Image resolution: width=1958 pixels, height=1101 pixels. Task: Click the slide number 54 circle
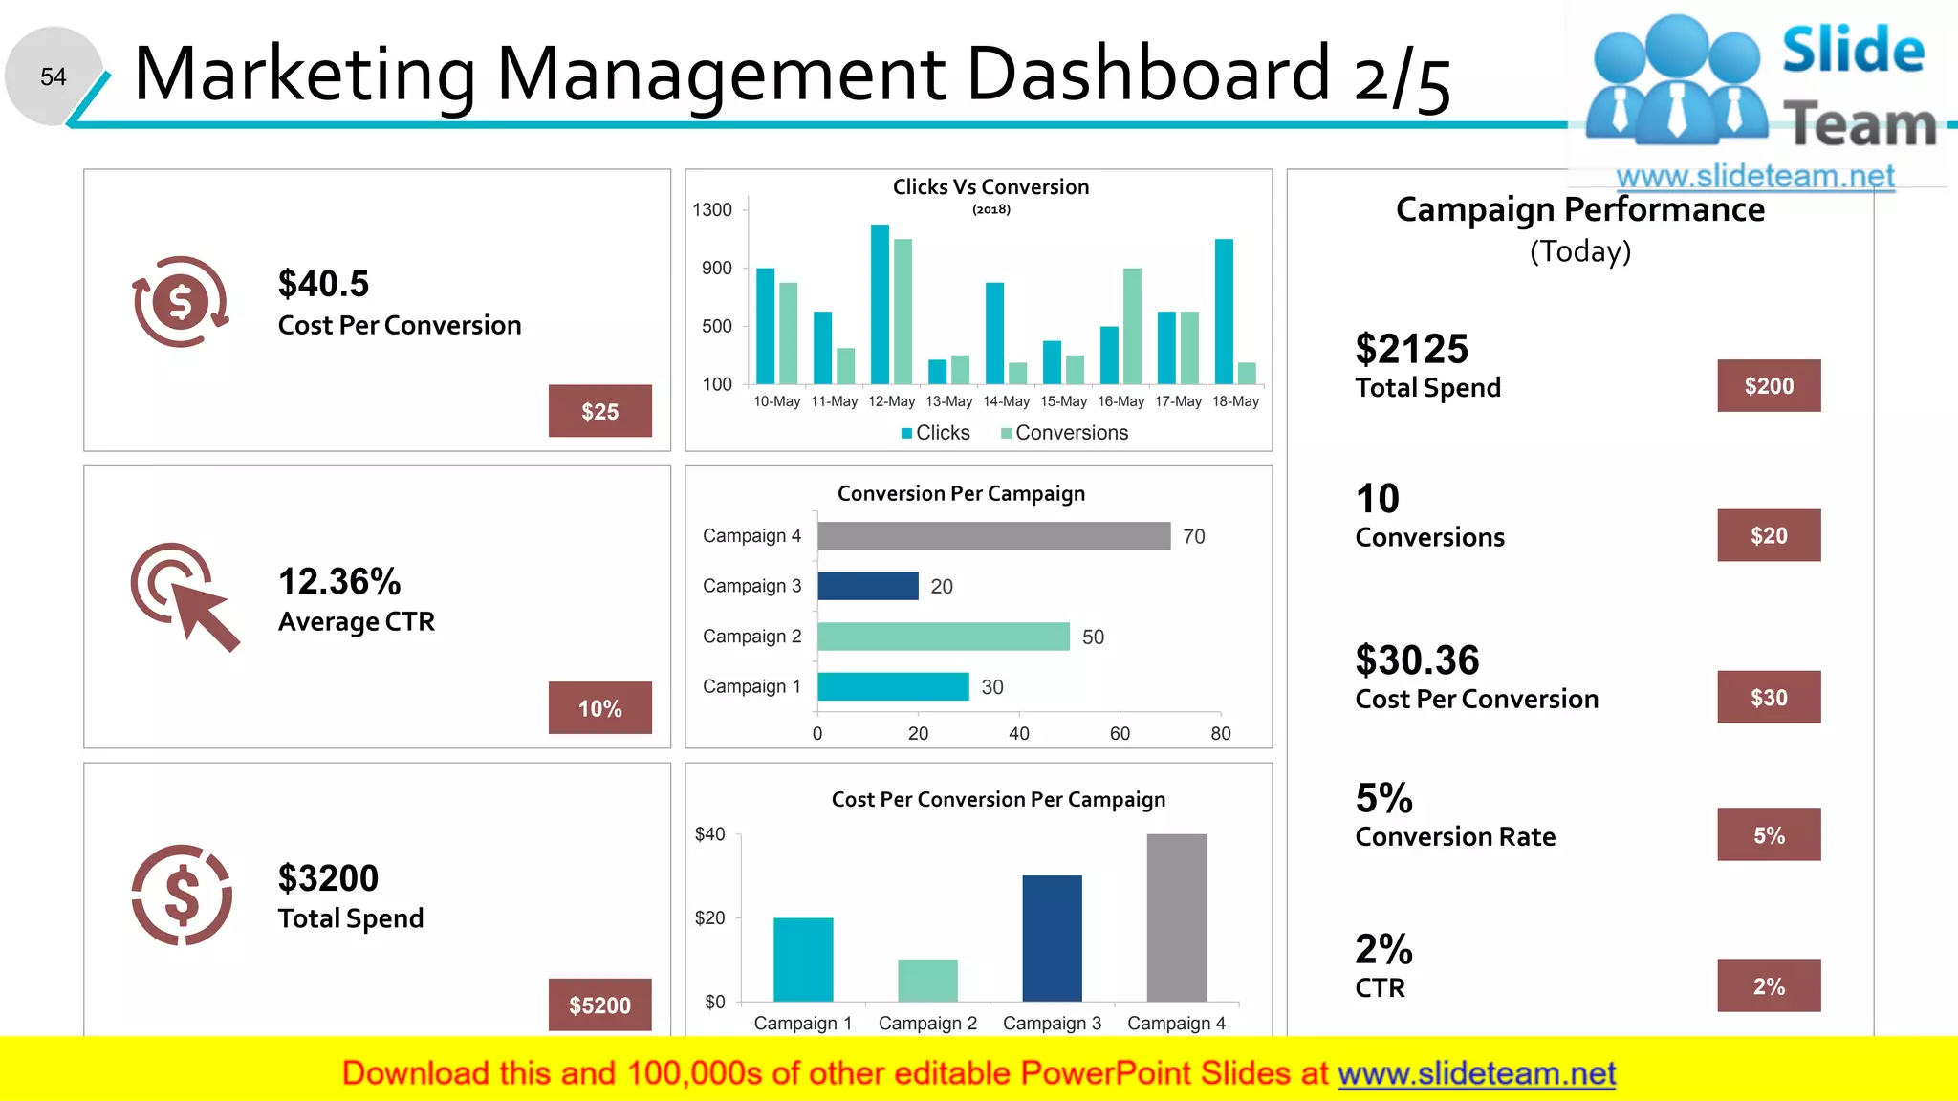point(54,76)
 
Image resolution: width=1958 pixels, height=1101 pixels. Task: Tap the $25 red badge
point(599,411)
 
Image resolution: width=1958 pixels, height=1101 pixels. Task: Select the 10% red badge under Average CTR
point(599,708)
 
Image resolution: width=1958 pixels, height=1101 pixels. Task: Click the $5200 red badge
point(599,1004)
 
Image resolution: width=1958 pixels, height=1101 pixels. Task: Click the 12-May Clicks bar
point(880,304)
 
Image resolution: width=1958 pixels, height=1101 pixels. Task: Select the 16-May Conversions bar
point(1132,326)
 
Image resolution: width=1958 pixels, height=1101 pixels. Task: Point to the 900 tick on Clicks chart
point(717,269)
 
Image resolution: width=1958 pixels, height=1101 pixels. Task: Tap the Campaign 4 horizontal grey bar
point(993,536)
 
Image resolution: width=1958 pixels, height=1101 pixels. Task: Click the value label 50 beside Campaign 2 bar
point(1093,637)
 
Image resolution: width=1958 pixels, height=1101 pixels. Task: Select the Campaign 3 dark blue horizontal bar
point(867,586)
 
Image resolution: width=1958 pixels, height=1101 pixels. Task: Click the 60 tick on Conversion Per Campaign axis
point(1120,733)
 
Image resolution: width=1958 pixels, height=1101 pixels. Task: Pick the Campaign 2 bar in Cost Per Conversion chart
point(927,980)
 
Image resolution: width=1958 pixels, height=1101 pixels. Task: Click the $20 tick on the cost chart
point(709,918)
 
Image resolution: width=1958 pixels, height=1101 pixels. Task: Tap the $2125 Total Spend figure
point(1411,350)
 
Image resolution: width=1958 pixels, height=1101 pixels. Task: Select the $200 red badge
point(1768,386)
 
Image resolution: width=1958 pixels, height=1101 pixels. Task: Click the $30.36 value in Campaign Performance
point(1417,660)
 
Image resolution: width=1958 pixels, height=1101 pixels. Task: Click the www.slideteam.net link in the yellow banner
point(1476,1073)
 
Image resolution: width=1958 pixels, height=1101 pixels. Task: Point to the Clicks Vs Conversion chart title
point(990,187)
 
